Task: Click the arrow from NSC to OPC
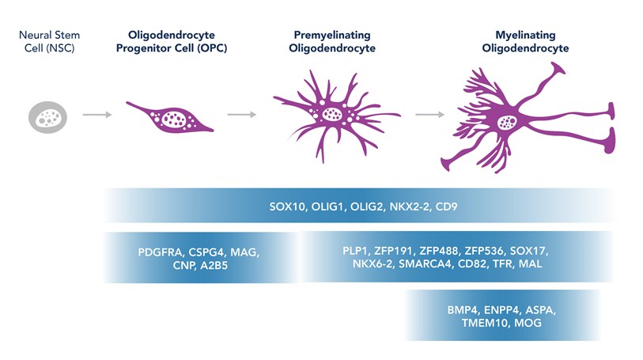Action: (96, 116)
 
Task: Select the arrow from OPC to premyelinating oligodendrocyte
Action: (241, 116)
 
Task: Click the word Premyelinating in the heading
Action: (331, 36)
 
